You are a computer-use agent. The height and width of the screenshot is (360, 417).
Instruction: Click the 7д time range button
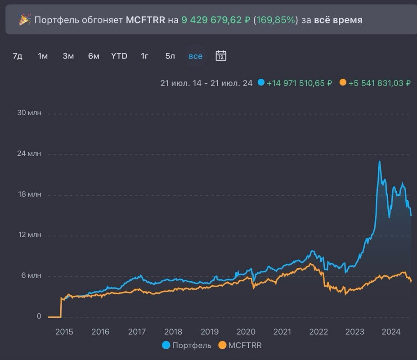[x=18, y=56]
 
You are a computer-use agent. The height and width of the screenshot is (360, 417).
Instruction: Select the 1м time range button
[x=43, y=56]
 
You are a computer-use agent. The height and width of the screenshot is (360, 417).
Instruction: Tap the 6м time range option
[x=94, y=56]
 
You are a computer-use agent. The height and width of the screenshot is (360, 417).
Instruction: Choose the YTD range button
[x=119, y=56]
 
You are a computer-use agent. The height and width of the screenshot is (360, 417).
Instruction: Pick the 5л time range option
[x=170, y=56]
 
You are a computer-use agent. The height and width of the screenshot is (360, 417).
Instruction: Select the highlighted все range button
[x=196, y=56]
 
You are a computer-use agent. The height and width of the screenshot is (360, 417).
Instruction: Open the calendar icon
[x=221, y=56]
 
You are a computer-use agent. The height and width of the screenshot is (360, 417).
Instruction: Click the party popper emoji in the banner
[x=24, y=20]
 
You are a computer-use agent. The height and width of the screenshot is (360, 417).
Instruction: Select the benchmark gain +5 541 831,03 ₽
[x=379, y=83]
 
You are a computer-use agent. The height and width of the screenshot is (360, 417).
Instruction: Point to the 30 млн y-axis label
[x=29, y=113]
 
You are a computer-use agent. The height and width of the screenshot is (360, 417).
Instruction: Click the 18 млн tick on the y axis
[x=29, y=194]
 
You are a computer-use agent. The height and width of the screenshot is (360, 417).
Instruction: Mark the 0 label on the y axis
[x=39, y=316]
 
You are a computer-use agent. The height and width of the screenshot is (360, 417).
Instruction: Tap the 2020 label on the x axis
[x=246, y=332]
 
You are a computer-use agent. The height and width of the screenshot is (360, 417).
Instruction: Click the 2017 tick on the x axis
[x=137, y=332]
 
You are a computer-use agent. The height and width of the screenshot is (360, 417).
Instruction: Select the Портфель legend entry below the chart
[x=186, y=346]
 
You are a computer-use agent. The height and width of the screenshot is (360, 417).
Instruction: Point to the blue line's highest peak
[x=380, y=162]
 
